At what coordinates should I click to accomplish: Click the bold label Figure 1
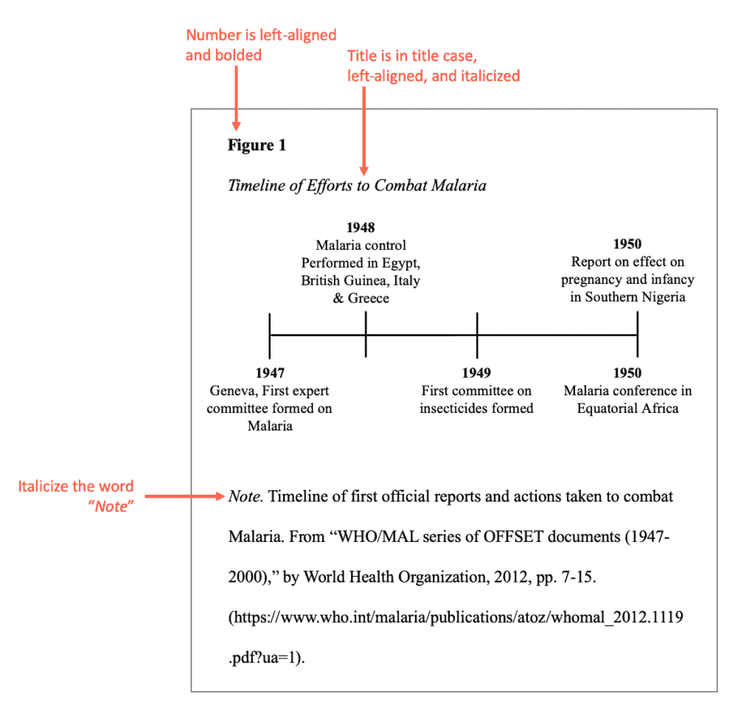tap(257, 145)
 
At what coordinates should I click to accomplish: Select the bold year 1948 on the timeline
tap(361, 228)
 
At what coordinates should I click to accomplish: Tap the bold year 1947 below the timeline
tap(270, 373)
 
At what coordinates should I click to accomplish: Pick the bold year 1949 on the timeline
tap(476, 373)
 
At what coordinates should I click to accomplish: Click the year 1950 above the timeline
tap(627, 244)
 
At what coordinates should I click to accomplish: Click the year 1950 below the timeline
tap(627, 373)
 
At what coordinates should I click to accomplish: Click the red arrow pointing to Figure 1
tap(235, 96)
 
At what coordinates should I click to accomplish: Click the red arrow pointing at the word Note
tap(184, 497)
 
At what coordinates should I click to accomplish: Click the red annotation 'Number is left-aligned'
tap(261, 35)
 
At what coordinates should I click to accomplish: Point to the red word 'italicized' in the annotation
tap(489, 75)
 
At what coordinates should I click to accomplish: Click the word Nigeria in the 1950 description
tap(661, 297)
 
